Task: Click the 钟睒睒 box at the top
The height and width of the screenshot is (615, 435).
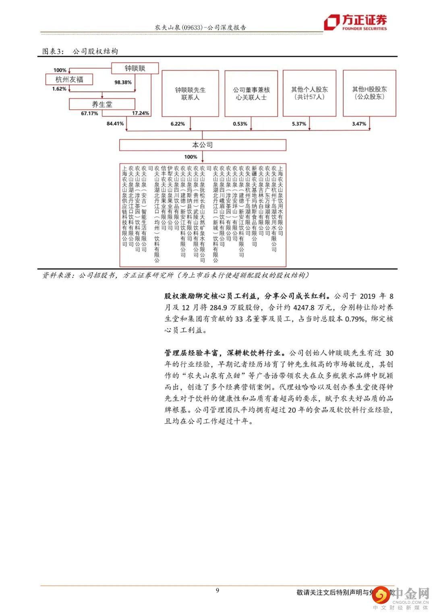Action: pyautogui.click(x=135, y=68)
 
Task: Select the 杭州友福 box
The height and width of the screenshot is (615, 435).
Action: pyautogui.click(x=69, y=79)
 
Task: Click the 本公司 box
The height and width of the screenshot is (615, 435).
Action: pyautogui.click(x=202, y=145)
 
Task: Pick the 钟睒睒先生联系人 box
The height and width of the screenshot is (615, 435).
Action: pyautogui.click(x=190, y=93)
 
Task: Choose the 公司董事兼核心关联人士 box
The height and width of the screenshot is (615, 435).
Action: pyautogui.click(x=251, y=93)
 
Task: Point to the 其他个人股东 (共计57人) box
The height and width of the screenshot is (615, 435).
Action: pyautogui.click(x=309, y=93)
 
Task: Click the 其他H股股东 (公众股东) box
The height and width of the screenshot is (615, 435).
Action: pyautogui.click(x=369, y=93)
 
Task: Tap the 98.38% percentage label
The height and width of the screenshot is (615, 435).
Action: pyautogui.click(x=123, y=82)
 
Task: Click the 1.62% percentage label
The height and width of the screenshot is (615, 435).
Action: pyautogui.click(x=59, y=89)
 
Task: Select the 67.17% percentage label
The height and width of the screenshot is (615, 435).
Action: pyautogui.click(x=89, y=114)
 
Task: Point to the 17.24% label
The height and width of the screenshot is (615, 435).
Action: pyautogui.click(x=141, y=113)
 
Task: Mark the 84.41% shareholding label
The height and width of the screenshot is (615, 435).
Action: pyautogui.click(x=115, y=124)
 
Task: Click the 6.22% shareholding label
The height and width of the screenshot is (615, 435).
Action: pyautogui.click(x=178, y=124)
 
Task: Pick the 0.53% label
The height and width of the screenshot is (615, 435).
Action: pyautogui.click(x=240, y=124)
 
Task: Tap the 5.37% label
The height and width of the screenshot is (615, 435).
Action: pyautogui.click(x=299, y=124)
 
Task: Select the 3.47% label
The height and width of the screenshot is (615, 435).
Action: pyautogui.click(x=359, y=124)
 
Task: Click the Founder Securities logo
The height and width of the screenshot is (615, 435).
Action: pyautogui.click(x=356, y=22)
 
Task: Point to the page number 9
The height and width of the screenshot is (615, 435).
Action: pyautogui.click(x=217, y=590)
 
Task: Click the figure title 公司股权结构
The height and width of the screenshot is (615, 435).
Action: pyautogui.click(x=95, y=51)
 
